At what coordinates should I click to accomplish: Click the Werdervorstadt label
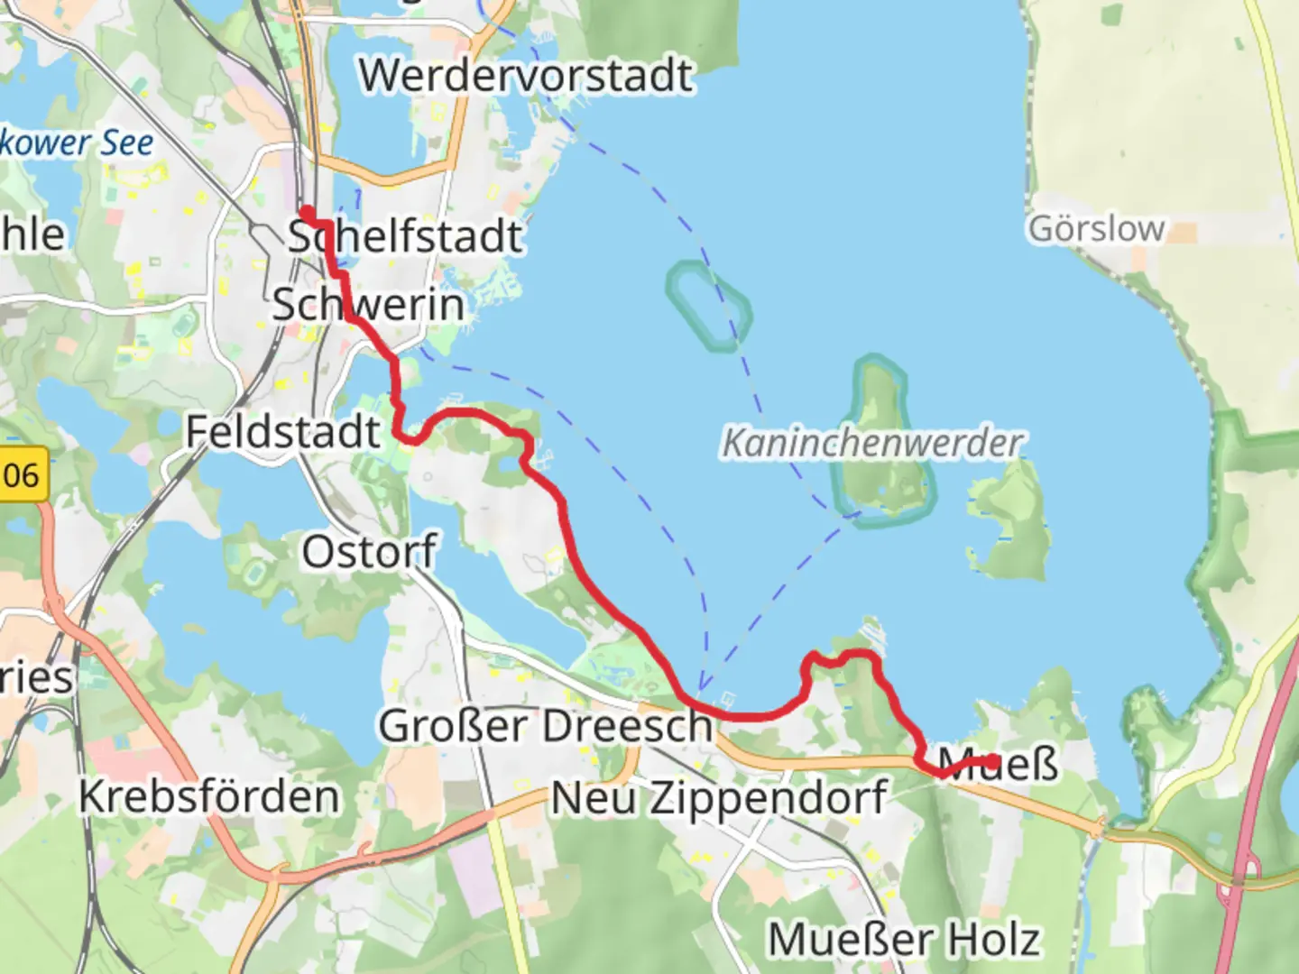[526, 75]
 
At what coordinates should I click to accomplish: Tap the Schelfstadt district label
[405, 236]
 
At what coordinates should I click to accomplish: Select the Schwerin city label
[368, 304]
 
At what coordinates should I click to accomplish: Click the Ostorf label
[369, 551]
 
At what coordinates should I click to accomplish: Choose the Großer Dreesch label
[545, 725]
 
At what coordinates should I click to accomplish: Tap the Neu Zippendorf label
[718, 798]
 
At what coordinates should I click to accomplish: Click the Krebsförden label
[209, 796]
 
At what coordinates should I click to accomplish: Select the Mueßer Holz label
[904, 939]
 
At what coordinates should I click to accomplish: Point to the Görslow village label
[1096, 228]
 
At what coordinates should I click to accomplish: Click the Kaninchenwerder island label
[872, 443]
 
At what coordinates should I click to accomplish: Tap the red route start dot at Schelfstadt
[307, 213]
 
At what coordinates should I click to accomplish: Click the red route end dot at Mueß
[992, 763]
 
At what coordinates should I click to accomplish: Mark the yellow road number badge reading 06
[22, 473]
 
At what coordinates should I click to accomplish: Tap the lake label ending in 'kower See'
[76, 142]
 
